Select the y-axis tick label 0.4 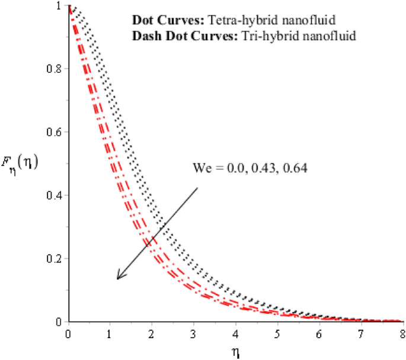click(55, 195)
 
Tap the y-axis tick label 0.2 click(55, 258)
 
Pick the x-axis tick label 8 click(403, 333)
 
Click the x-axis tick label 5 click(278, 333)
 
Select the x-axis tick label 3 click(194, 333)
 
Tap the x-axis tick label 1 click(111, 333)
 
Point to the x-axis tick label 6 click(319, 333)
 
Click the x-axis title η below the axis click(235, 353)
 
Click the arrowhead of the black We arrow click(119, 277)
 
